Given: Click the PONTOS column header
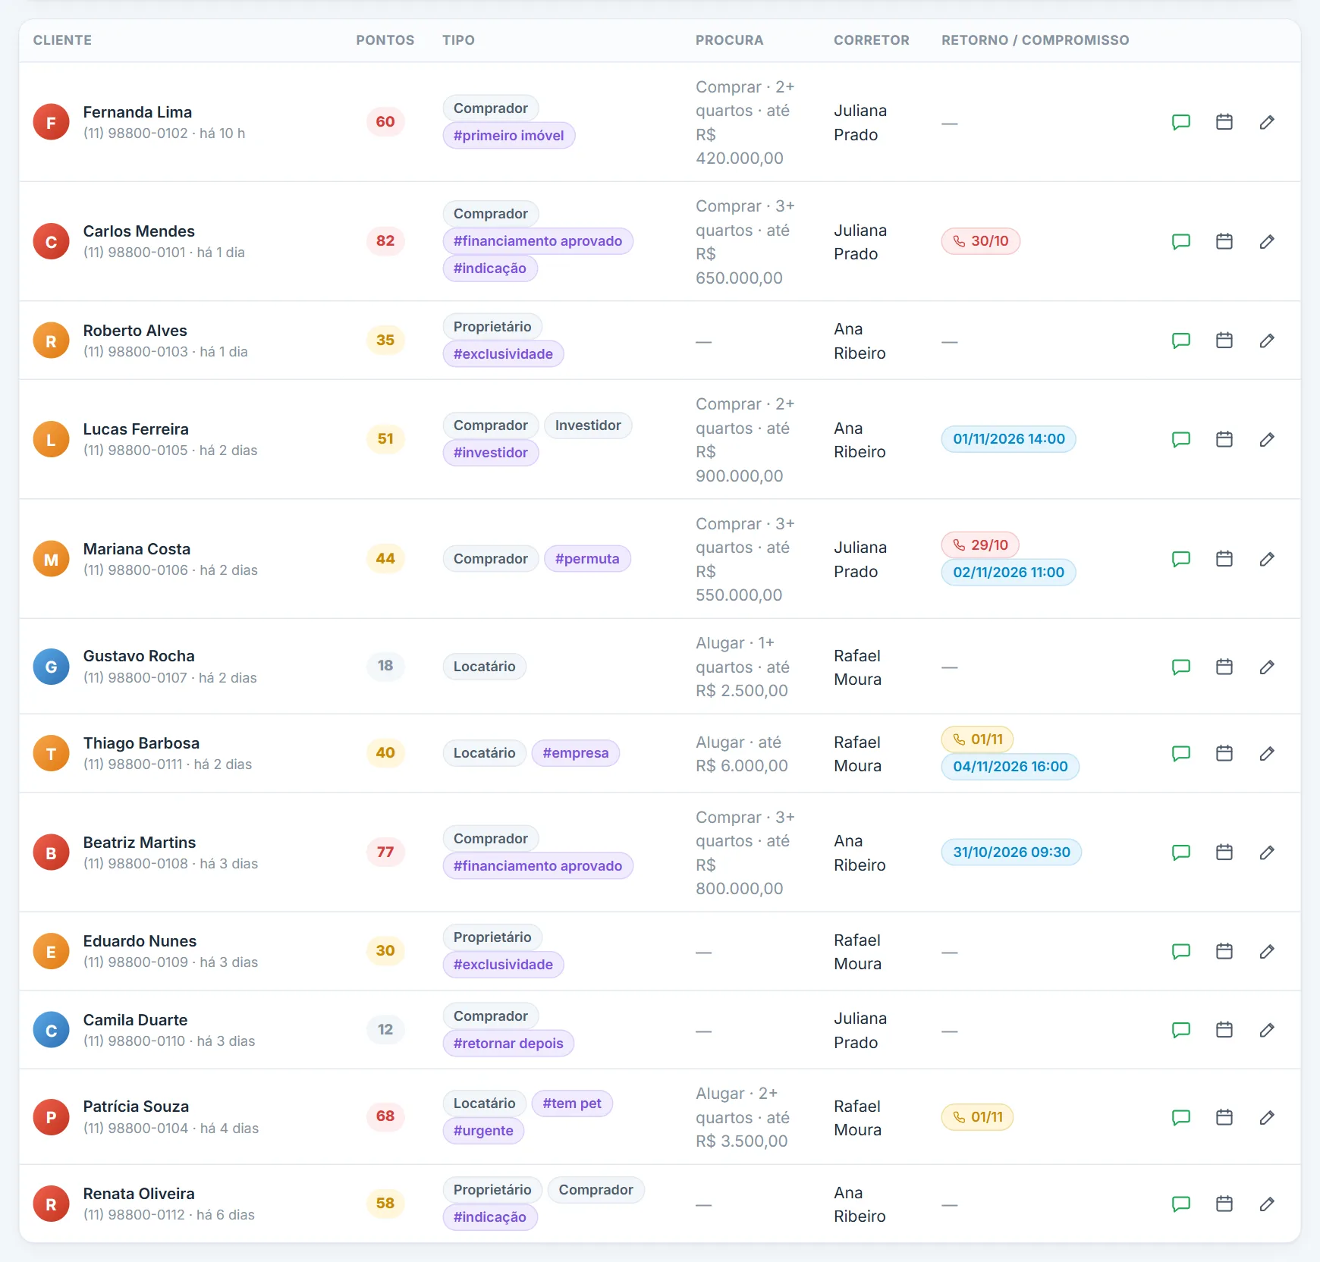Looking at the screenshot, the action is click(385, 40).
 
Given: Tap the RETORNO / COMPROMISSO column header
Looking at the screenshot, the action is click(1035, 40).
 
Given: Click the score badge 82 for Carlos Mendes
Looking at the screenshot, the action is click(385, 241).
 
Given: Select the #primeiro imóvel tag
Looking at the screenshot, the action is click(509, 136).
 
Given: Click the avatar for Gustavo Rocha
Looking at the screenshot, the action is click(52, 667).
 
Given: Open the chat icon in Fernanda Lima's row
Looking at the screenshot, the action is click(1181, 122).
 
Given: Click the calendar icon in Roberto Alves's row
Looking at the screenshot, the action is click(1224, 341).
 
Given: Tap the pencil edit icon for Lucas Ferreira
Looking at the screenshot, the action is click(1267, 439).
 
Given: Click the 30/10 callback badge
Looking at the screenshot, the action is click(981, 241).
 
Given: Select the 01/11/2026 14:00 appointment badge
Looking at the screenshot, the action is click(1009, 439).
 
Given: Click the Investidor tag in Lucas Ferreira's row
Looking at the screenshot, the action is click(588, 425).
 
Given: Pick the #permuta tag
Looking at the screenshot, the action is click(587, 559).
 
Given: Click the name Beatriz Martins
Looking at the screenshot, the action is click(140, 843).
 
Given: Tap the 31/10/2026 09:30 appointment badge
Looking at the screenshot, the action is click(1011, 852).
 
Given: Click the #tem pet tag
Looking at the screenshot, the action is click(572, 1103).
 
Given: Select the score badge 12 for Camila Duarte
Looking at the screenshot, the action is click(385, 1030).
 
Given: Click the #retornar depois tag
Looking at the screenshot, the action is click(508, 1044).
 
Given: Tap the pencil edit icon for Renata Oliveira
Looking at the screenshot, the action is click(1267, 1204).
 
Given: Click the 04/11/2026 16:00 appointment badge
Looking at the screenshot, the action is click(1010, 767).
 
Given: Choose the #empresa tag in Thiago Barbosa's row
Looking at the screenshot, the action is click(576, 753).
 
